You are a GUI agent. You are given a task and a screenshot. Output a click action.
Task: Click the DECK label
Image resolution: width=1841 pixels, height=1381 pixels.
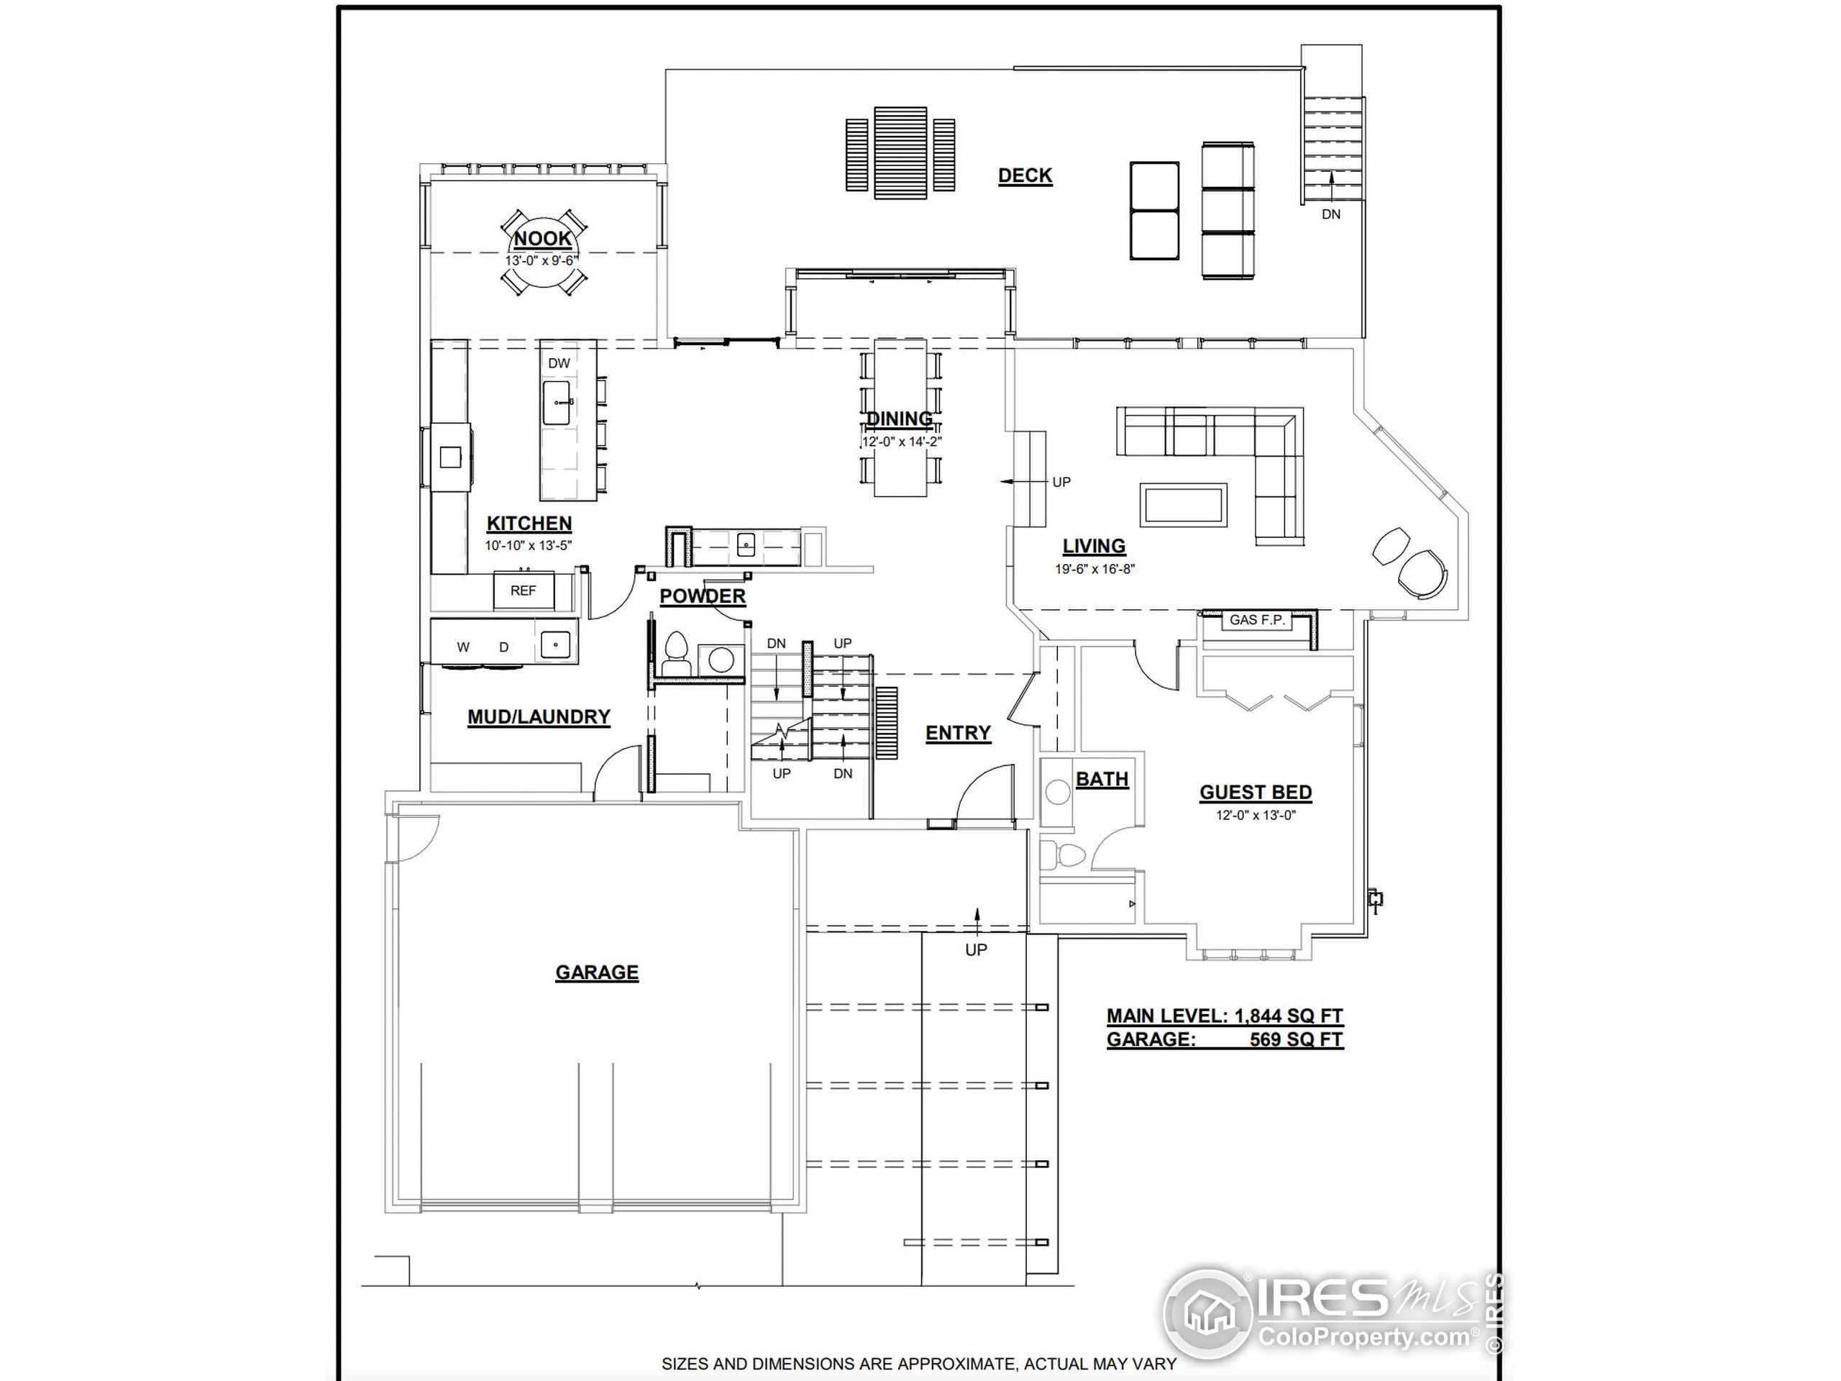[1025, 176]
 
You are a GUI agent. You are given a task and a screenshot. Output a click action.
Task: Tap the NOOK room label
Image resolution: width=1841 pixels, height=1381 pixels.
[542, 239]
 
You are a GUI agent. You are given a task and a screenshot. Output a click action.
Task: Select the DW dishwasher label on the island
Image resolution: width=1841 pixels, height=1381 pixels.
[559, 363]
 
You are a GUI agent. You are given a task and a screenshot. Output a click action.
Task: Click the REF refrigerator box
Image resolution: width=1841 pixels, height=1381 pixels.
[523, 591]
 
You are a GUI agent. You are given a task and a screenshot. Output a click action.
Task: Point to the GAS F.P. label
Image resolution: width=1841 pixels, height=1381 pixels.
[1257, 620]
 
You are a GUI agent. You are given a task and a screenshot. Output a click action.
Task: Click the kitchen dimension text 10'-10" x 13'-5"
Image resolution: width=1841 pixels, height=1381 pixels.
[529, 546]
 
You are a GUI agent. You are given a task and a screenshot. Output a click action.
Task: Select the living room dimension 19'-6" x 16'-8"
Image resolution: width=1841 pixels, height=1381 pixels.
[1095, 570]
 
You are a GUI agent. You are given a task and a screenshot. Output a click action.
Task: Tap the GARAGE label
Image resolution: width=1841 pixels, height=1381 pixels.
[597, 972]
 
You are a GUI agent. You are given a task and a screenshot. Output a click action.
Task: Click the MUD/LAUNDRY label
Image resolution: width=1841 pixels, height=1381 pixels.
[539, 716]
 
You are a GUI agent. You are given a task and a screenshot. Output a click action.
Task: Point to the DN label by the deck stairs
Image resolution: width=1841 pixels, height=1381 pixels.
[1331, 214]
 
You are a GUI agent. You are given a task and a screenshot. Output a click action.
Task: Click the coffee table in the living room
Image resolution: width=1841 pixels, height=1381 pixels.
[1184, 503]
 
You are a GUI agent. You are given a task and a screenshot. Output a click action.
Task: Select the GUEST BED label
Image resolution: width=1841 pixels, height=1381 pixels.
[1255, 793]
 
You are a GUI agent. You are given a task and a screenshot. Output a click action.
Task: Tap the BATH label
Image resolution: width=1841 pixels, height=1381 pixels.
[1102, 779]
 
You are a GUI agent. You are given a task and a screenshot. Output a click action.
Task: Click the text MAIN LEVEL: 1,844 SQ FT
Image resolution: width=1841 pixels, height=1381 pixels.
[1224, 1016]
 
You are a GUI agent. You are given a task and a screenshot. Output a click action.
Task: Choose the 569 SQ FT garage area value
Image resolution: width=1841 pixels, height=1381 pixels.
[1296, 1039]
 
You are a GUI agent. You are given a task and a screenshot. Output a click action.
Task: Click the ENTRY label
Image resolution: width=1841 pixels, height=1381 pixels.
[958, 732]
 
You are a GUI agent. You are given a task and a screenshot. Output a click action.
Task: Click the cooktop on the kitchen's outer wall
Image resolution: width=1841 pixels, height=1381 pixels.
[450, 456]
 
